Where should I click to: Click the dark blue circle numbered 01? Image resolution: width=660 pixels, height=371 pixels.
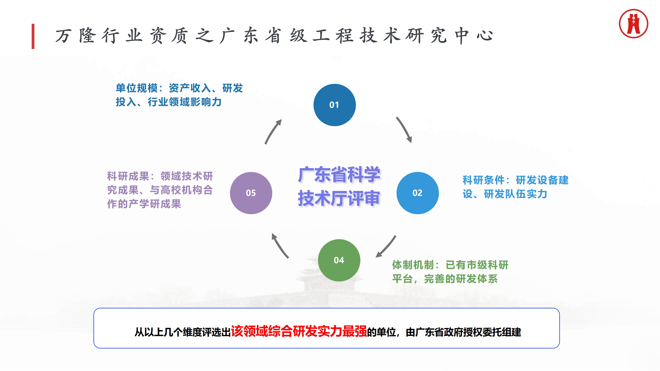coord(334,105)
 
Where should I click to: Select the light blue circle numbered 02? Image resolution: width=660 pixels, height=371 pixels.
coord(417,193)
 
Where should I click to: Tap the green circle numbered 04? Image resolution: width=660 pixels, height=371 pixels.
coord(339,260)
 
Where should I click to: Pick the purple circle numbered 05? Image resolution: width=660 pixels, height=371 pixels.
coord(251,193)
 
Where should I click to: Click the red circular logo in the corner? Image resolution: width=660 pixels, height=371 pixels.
coord(633,24)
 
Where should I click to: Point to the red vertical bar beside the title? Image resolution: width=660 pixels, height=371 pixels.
coord(33,36)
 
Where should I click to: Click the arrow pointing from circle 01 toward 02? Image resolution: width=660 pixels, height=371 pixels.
coord(404,130)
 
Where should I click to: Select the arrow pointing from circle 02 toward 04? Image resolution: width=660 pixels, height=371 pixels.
coord(386,247)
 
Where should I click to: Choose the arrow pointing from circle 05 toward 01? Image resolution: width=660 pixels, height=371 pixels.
coord(273,131)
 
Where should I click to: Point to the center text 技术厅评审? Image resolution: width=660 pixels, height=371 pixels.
coord(339,198)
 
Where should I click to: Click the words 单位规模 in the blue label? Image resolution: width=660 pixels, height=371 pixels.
coord(137,88)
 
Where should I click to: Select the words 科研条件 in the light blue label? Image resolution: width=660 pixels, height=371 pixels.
coord(483,180)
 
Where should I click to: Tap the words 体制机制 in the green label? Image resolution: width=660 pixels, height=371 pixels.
coord(413,265)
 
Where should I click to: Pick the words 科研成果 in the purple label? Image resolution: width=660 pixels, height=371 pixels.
coord(128,176)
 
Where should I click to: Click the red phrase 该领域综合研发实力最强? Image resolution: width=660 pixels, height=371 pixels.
coord(299,331)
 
